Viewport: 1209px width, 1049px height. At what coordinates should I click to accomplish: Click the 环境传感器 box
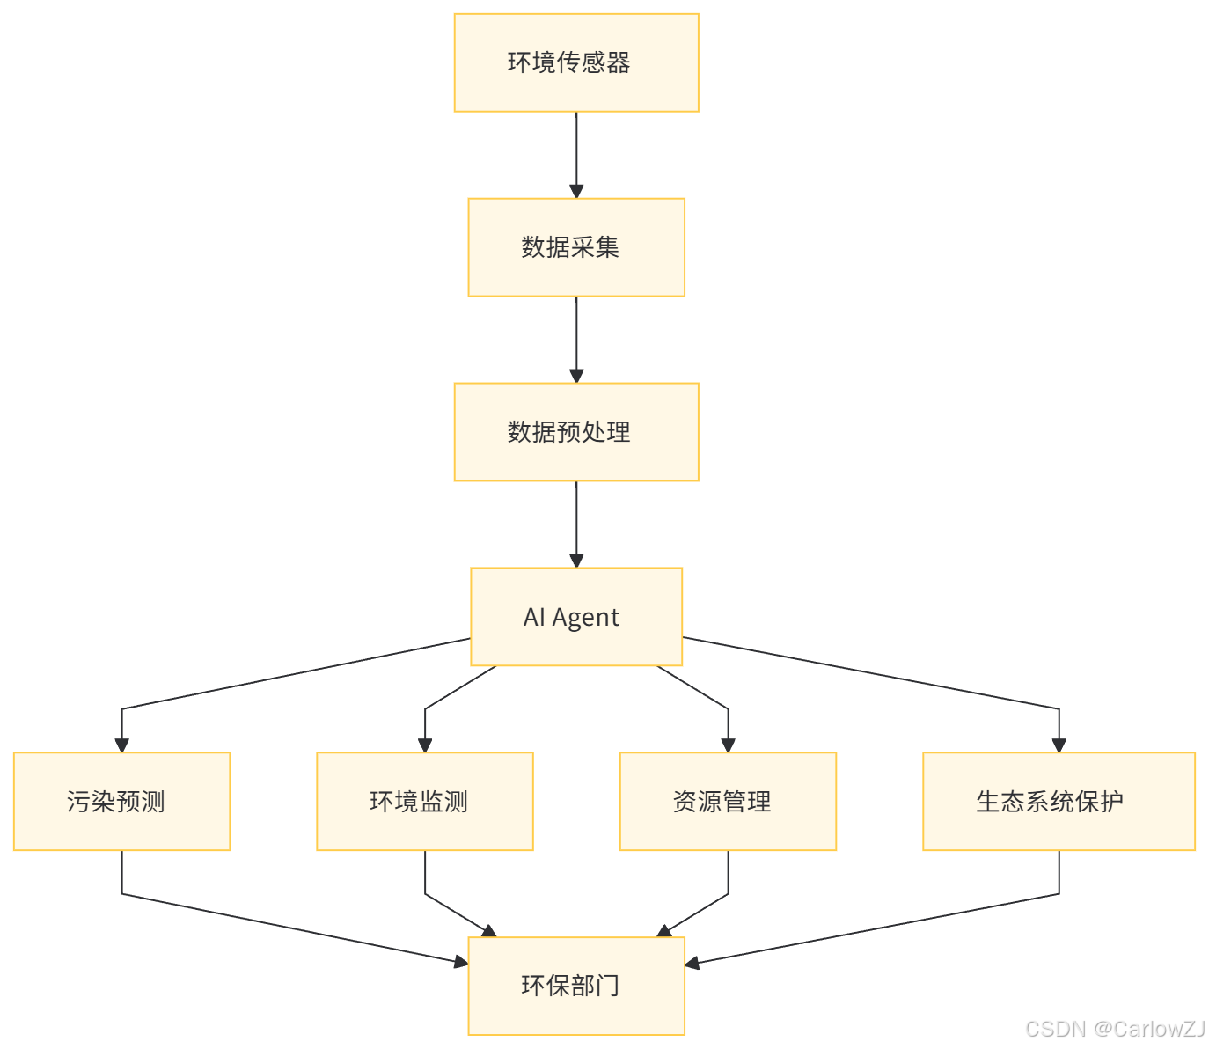(576, 62)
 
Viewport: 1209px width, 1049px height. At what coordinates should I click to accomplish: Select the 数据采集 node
(576, 247)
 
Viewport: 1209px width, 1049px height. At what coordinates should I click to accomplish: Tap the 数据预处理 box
(576, 432)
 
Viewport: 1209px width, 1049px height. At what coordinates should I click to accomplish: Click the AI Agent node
(576, 617)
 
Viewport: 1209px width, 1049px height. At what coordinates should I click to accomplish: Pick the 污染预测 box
(121, 802)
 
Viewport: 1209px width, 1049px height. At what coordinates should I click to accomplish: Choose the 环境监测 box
(425, 802)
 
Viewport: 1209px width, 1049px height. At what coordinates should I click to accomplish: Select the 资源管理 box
(728, 802)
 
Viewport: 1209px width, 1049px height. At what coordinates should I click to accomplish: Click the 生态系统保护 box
(1059, 802)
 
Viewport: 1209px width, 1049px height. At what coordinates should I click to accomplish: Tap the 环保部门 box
(576, 986)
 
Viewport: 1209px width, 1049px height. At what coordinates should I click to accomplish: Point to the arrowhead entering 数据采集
(576, 191)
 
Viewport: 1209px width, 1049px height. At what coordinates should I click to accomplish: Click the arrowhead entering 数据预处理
(576, 376)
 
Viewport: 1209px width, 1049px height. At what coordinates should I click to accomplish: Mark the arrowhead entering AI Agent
(576, 561)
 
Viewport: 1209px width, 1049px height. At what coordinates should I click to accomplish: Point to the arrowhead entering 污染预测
(121, 745)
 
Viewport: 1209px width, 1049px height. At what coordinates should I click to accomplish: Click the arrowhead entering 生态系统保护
(1059, 745)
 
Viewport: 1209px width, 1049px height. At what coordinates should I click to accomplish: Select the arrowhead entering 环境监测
(425, 745)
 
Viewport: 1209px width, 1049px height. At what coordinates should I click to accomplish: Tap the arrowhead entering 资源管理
(728, 745)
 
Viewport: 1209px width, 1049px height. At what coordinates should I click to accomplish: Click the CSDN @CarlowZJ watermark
(1113, 1027)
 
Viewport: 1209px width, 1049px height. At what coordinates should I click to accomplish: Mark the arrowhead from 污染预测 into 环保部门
(460, 963)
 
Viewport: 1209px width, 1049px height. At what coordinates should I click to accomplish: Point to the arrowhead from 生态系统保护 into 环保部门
(692, 963)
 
